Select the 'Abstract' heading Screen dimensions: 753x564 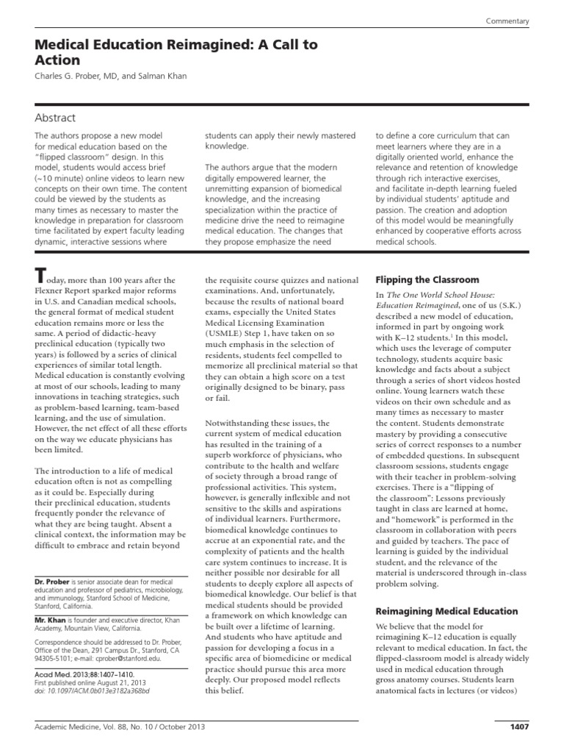tap(56, 118)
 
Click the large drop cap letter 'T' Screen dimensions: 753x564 tap(42, 276)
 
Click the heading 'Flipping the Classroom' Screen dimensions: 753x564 tap(427, 280)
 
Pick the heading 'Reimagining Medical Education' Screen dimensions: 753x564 tap(446, 611)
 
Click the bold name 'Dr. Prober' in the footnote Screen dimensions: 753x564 tap(54, 582)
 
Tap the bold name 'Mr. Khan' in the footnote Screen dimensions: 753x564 tap(51, 620)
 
